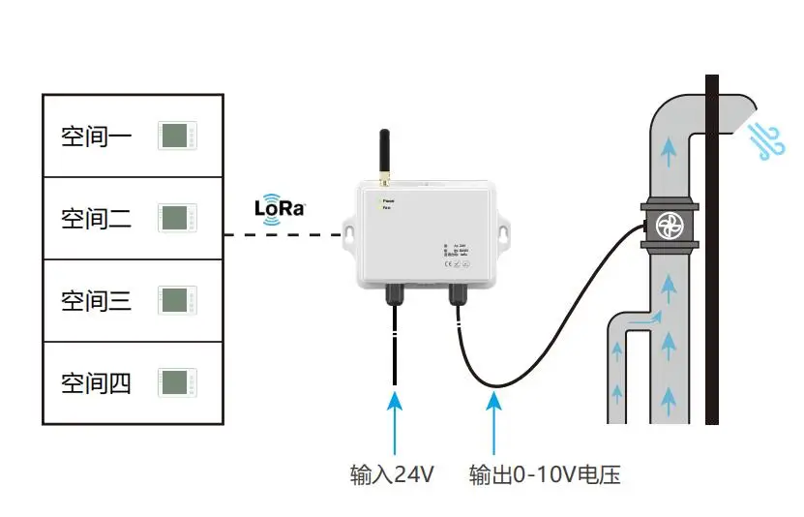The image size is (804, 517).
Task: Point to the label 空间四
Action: tap(96, 383)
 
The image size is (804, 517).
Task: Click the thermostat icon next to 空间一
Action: tap(177, 136)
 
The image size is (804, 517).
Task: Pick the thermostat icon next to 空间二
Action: tap(177, 218)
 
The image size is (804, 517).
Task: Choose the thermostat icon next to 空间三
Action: tap(177, 300)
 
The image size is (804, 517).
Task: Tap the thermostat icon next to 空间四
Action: tap(177, 382)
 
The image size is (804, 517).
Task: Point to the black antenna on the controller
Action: tap(383, 153)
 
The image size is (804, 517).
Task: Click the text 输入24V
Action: tap(392, 475)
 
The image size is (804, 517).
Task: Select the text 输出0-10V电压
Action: tap(544, 475)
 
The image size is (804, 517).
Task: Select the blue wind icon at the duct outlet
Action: tap(771, 140)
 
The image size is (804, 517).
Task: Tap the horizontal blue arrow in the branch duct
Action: tap(646, 319)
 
